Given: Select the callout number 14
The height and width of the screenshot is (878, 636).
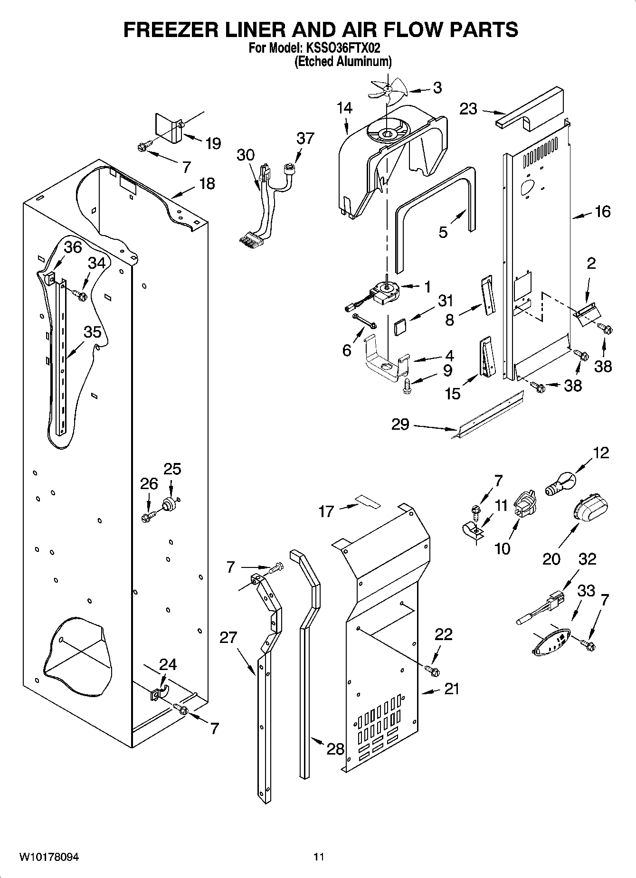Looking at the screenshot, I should [x=345, y=108].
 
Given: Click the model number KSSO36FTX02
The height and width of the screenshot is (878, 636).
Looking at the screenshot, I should [x=341, y=48].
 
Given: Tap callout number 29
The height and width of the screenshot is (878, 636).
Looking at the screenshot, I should [x=400, y=424].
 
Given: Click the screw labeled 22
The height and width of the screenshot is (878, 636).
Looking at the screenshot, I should [x=432, y=670].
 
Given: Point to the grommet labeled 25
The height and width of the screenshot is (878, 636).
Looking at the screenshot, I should [x=169, y=503].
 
